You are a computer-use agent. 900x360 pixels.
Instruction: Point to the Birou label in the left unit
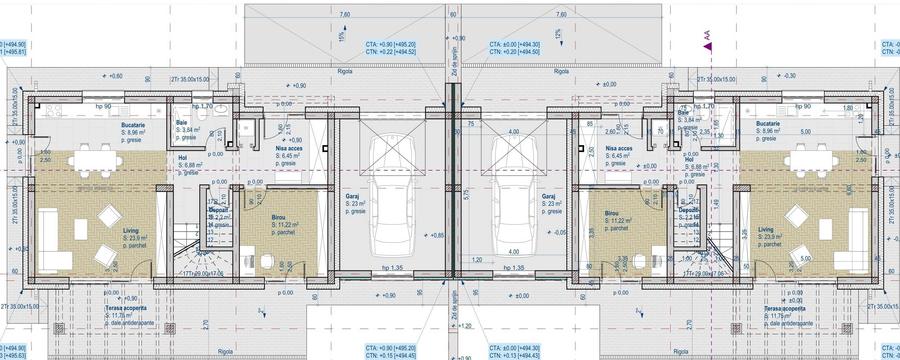pos(281,217)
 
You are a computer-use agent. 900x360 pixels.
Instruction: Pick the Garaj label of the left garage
pos(355,197)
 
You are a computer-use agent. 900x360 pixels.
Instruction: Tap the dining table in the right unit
pos(815,161)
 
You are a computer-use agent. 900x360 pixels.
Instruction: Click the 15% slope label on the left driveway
pos(342,37)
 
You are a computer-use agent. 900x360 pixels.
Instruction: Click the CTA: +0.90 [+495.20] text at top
pos(391,45)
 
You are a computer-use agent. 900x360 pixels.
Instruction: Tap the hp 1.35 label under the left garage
pos(392,269)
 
